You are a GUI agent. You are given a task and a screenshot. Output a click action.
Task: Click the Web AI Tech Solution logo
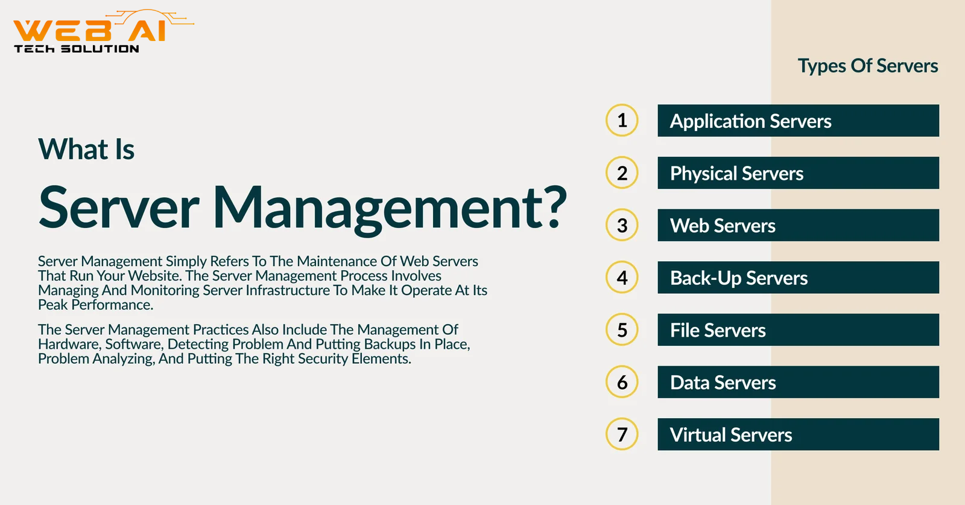click(x=103, y=31)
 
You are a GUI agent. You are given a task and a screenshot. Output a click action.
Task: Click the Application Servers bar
click(x=799, y=121)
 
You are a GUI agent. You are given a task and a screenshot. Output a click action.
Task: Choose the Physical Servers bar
click(x=799, y=173)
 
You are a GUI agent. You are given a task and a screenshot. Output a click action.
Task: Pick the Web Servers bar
click(x=799, y=225)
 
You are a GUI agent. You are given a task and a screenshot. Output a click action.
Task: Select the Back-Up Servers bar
click(x=799, y=278)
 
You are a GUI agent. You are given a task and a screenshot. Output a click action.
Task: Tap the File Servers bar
click(x=799, y=329)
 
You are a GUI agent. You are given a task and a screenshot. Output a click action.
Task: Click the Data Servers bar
click(x=799, y=382)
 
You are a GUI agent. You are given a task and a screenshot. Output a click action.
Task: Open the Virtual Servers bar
click(x=799, y=434)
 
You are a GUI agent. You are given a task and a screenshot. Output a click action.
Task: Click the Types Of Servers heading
click(x=868, y=66)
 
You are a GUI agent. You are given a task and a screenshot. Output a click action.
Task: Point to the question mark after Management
click(x=552, y=207)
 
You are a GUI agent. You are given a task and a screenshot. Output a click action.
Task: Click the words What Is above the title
click(x=86, y=149)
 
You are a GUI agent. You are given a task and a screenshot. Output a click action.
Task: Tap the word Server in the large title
click(x=119, y=208)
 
